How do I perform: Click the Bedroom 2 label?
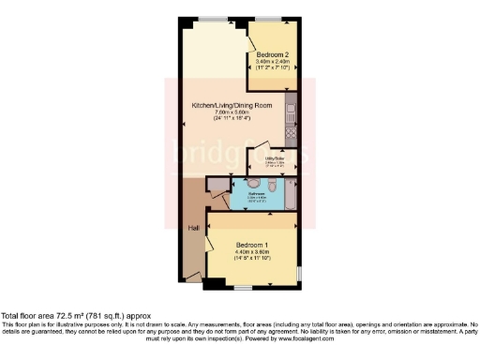coord(270,55)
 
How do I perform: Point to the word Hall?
coord(193,227)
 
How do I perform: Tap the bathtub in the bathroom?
coord(292,195)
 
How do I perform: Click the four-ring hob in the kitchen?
coord(292,134)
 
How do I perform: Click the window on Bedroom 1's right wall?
coord(299,273)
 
